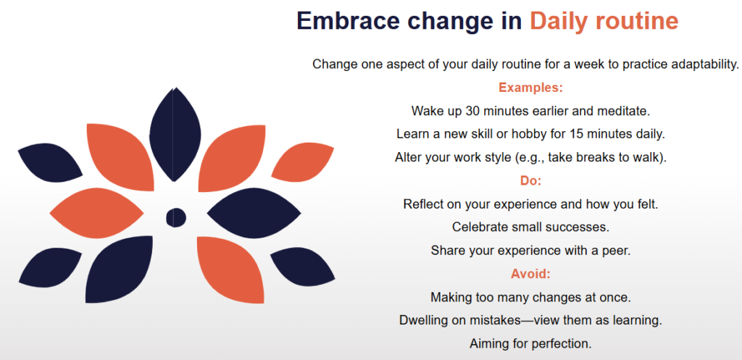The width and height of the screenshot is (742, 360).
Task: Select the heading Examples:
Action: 530,88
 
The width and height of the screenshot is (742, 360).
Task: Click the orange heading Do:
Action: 530,180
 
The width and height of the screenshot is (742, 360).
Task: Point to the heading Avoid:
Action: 530,274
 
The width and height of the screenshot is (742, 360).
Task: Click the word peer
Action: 618,251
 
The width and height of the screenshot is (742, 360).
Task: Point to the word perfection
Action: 562,344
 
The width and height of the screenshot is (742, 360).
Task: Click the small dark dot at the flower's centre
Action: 176,217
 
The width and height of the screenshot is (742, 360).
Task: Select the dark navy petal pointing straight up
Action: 175,135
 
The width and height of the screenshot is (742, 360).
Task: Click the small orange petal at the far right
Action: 303,162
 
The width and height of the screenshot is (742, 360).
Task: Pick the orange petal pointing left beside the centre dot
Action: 96,214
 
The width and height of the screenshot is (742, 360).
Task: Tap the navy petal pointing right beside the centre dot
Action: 254,214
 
